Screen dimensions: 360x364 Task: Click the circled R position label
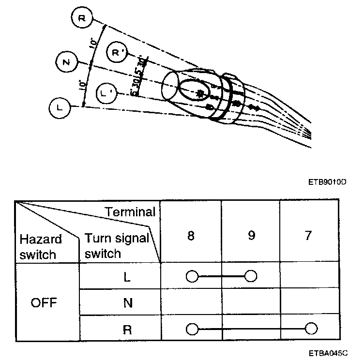(81, 19)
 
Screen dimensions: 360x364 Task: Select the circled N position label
(66, 62)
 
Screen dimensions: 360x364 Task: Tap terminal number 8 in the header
(191, 236)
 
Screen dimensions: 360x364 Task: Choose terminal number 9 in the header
(250, 236)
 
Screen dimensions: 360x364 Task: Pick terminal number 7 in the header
(308, 236)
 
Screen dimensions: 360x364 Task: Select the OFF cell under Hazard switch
(44, 303)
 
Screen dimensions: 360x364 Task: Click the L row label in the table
(127, 277)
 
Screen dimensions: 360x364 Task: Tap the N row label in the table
(127, 303)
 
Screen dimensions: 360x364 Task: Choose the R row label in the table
(127, 330)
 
